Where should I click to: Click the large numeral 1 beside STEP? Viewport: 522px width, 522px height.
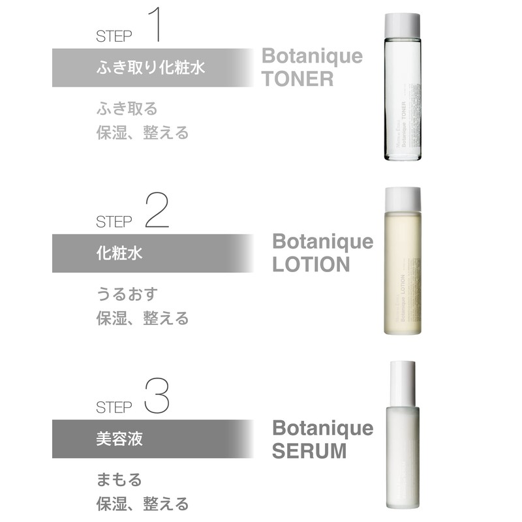(x=155, y=26)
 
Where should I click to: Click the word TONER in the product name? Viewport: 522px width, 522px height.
(x=298, y=79)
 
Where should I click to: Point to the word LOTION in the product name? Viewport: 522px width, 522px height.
(x=311, y=264)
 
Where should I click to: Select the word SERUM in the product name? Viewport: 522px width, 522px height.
(x=309, y=450)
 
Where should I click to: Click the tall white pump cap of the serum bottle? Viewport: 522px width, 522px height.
(x=402, y=382)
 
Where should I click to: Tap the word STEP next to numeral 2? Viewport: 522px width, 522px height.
(x=114, y=221)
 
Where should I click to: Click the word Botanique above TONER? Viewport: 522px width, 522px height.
(x=312, y=55)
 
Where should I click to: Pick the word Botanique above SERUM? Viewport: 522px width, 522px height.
(x=322, y=427)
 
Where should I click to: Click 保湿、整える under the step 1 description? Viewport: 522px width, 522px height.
(x=142, y=132)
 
